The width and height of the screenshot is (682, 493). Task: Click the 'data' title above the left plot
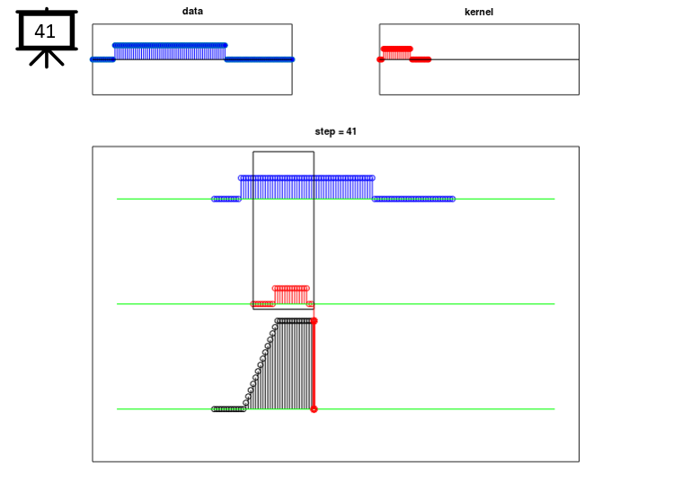192,12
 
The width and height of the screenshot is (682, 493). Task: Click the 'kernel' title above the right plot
479,12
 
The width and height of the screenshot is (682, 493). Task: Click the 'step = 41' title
335,131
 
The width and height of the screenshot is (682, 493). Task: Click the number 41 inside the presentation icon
45,31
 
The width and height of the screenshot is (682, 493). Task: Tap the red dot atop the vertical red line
314,321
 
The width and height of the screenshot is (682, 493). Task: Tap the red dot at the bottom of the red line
314,409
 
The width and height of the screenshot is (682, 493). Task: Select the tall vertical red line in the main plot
314,365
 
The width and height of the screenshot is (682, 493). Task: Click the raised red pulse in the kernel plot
396,52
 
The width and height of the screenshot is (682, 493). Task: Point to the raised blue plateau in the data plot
170,52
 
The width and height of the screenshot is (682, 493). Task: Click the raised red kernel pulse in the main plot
291,295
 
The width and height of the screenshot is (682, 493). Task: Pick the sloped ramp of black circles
261,364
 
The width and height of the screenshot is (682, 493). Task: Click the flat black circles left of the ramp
229,409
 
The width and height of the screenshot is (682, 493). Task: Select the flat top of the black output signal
295,321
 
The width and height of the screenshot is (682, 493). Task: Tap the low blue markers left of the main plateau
226,199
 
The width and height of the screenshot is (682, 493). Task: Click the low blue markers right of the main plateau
413,199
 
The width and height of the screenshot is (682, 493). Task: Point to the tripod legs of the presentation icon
47,58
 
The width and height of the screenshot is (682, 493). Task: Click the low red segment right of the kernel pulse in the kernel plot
421,59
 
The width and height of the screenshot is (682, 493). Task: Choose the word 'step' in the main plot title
324,132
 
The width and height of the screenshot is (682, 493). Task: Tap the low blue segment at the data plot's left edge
102,59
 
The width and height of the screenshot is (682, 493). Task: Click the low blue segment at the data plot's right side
260,59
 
